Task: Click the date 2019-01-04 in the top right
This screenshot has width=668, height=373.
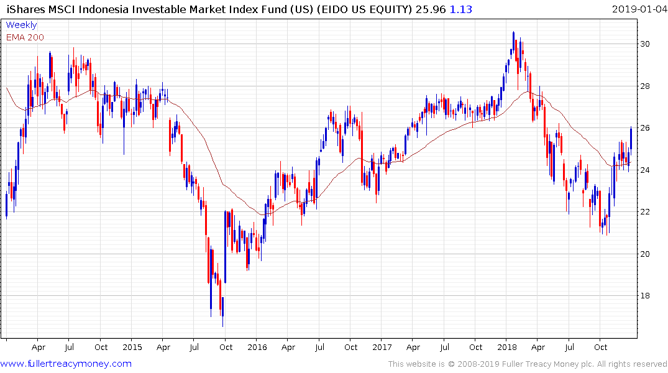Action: coord(638,9)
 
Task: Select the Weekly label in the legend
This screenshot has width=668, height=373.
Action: coord(21,25)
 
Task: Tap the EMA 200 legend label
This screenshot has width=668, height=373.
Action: coord(25,37)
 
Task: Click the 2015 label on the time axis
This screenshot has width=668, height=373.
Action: coord(132,347)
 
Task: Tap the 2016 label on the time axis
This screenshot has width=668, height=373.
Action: coord(257,347)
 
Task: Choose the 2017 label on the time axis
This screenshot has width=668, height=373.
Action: coord(382,347)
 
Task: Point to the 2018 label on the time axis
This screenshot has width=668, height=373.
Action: coord(508,347)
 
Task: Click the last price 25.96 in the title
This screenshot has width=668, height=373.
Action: coord(432,9)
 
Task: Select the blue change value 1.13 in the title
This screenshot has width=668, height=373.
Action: coord(460,9)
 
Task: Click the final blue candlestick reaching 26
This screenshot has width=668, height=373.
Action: coord(631,138)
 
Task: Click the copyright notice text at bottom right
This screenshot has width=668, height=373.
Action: coord(528,364)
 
